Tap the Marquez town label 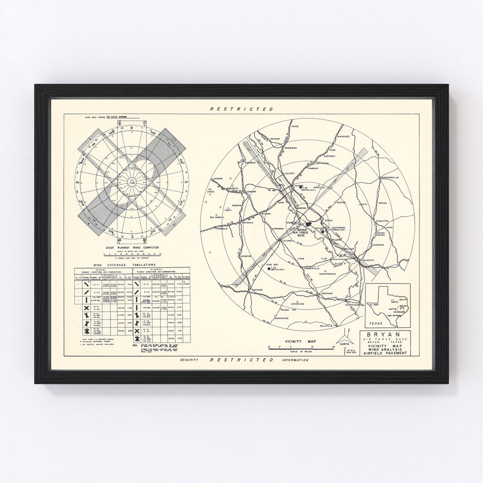click(343, 136)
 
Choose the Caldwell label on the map click(288, 241)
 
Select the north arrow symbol click(344, 336)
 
